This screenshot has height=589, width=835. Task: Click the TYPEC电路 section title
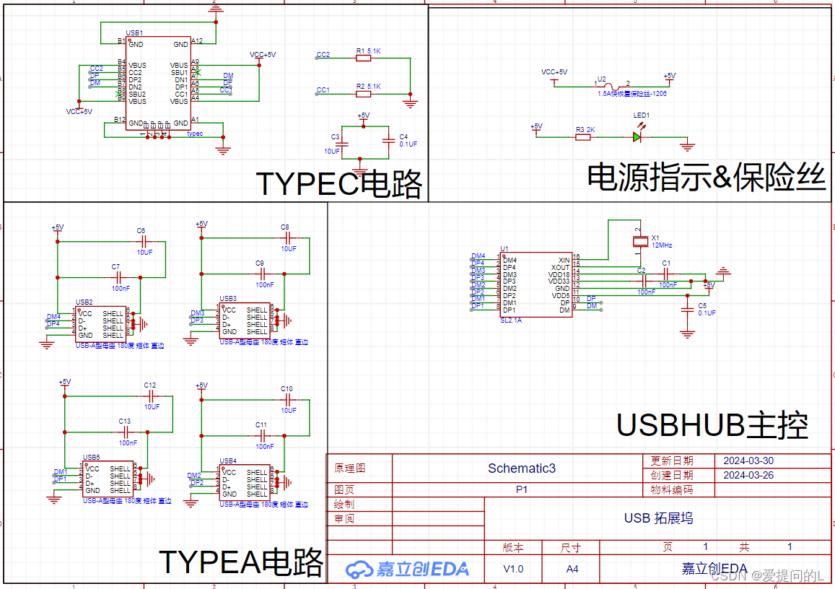pyautogui.click(x=339, y=185)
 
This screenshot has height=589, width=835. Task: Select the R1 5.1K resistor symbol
pyautogui.click(x=364, y=58)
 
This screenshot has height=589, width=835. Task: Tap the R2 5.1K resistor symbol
pyautogui.click(x=364, y=94)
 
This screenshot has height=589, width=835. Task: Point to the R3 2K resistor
pyautogui.click(x=582, y=136)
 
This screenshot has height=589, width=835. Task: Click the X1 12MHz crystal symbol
pyautogui.click(x=639, y=240)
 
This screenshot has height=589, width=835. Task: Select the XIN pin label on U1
pyautogui.click(x=564, y=260)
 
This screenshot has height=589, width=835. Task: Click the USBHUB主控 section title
pyautogui.click(x=712, y=426)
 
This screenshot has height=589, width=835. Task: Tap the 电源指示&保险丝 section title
pyautogui.click(x=706, y=177)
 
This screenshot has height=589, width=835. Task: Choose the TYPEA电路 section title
pyautogui.click(x=240, y=561)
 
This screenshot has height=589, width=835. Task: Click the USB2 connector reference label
pyautogui.click(x=84, y=302)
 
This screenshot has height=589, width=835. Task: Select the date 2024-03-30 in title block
pyautogui.click(x=748, y=461)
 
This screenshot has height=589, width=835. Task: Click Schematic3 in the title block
pyautogui.click(x=521, y=468)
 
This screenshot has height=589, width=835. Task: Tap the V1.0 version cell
pyautogui.click(x=513, y=569)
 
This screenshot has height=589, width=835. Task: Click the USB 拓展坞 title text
pyautogui.click(x=658, y=518)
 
